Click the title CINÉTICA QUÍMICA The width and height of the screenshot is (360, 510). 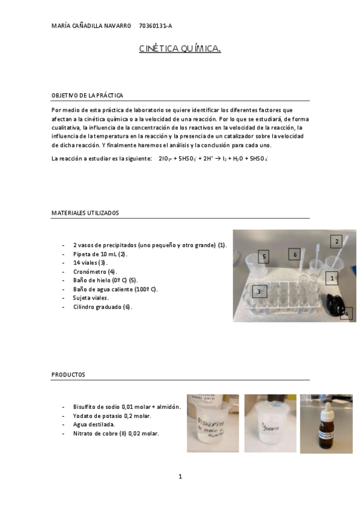click(180, 49)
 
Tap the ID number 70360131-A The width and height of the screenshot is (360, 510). click(155, 26)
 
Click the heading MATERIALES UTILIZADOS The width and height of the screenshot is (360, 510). click(85, 213)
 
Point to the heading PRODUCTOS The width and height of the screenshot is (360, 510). click(69, 374)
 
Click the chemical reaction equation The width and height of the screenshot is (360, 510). click(213, 159)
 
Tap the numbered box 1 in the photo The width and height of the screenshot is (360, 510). click(332, 278)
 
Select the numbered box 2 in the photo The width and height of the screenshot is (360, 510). click(337, 241)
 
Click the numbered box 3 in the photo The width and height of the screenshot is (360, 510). click(259, 292)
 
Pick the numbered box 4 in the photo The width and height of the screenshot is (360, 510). click(346, 313)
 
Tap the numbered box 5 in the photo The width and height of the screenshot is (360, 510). click(264, 256)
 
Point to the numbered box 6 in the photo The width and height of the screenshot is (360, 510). click(294, 254)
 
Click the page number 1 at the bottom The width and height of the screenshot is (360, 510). click(180, 476)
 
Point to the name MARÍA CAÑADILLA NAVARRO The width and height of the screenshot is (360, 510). click(91, 26)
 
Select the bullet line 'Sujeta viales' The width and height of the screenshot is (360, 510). click(91, 298)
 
